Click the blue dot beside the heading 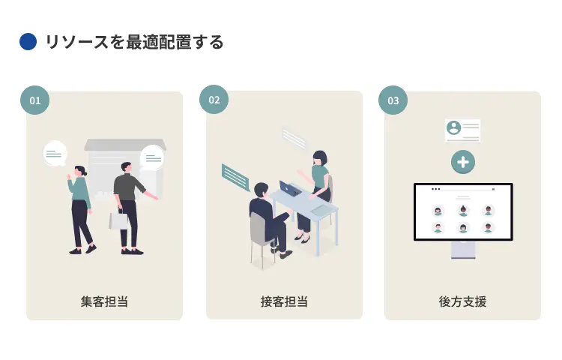point(28,42)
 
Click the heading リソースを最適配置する point(134,42)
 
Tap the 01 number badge point(34,100)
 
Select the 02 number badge point(214,100)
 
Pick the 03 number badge point(393,100)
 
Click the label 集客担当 point(104,301)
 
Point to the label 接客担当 point(284,301)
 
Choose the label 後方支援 point(462,301)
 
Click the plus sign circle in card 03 point(463,161)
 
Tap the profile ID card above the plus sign point(462,130)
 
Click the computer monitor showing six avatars point(463,212)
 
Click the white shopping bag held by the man point(119,220)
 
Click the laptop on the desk point(290,189)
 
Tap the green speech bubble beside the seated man point(235,177)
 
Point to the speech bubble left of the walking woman point(55,154)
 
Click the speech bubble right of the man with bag point(152,157)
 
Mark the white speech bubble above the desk point(294,138)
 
